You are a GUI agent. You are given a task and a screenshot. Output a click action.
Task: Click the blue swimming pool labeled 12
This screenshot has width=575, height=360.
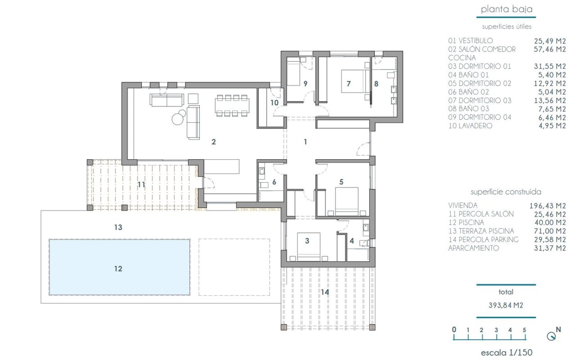(x=119, y=267)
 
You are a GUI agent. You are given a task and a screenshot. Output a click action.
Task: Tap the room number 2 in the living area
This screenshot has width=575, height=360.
(x=213, y=142)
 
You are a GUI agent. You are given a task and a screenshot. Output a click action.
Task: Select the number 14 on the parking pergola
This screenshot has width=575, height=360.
(x=325, y=292)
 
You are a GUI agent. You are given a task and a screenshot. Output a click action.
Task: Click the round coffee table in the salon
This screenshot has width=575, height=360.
(x=178, y=119)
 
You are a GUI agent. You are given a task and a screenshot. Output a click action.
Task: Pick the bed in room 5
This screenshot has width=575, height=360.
(x=347, y=201)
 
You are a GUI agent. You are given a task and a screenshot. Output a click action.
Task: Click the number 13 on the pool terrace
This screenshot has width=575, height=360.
(x=118, y=227)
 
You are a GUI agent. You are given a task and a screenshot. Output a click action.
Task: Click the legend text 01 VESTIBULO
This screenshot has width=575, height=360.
(x=470, y=41)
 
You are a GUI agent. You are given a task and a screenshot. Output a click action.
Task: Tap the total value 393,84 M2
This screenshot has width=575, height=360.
(x=506, y=305)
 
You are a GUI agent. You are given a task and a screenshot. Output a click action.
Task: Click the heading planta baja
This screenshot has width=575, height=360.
(x=507, y=9)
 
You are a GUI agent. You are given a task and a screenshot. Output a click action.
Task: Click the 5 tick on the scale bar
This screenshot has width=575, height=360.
(x=524, y=330)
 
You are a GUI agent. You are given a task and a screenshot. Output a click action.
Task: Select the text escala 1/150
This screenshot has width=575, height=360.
(x=507, y=352)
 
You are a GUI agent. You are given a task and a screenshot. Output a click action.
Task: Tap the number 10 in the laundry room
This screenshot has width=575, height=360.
(x=274, y=102)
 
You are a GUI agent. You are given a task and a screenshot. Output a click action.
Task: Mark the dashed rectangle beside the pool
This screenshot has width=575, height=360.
(x=234, y=267)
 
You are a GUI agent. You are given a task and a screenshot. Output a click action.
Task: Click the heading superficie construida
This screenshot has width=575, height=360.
(x=506, y=192)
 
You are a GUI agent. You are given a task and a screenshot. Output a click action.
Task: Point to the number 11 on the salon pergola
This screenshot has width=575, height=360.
(x=141, y=185)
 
